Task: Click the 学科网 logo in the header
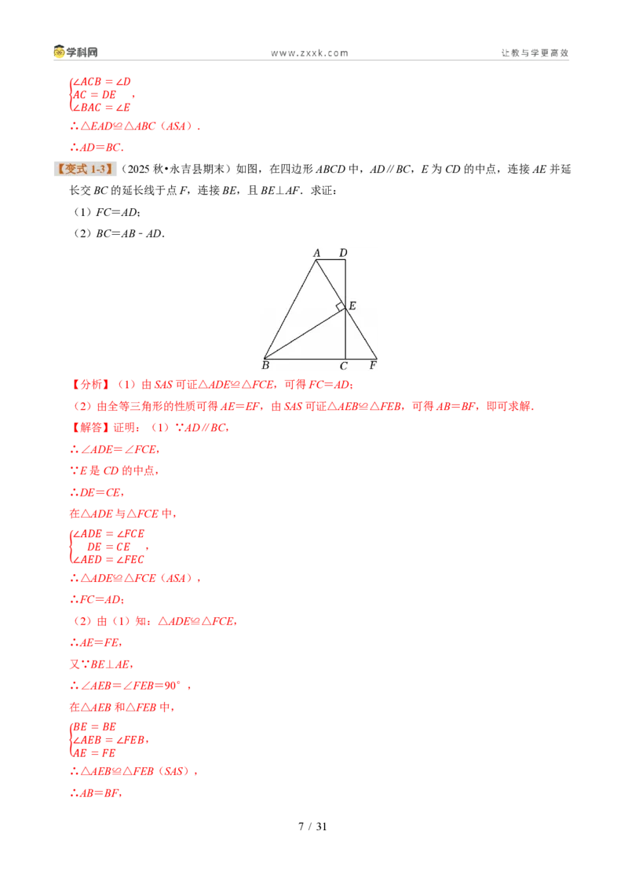point(75,52)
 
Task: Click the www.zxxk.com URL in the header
point(309,53)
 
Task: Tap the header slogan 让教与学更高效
point(535,53)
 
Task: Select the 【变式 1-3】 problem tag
point(85,169)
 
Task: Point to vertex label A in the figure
point(317,253)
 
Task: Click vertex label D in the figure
point(343,253)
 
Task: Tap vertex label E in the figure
point(352,305)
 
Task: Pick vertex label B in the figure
point(265,366)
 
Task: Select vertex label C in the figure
point(344,366)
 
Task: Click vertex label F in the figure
point(373,366)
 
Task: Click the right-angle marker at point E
point(341,307)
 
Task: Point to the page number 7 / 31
point(313,827)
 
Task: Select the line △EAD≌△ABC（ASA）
point(135,126)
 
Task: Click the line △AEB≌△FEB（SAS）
point(133,771)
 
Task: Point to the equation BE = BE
point(95,727)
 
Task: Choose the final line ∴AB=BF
point(96,793)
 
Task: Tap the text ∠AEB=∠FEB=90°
point(130,686)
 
